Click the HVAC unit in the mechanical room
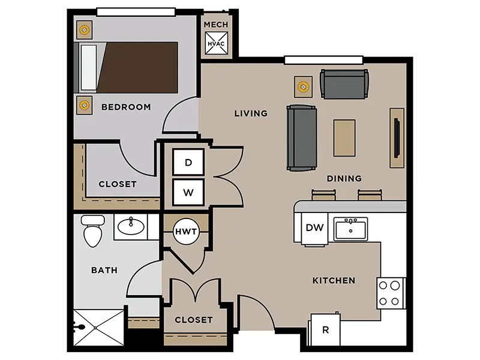216,43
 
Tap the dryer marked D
188,162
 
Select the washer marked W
188,192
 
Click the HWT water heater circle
186,232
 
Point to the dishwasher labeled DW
314,228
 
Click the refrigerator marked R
325,329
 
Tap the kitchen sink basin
350,229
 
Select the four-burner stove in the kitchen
391,293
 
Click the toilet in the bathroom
93,230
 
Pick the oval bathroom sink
131,226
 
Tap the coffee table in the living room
344,138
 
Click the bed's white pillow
89,68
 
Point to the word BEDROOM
126,107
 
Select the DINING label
344,178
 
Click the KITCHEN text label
334,280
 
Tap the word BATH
104,270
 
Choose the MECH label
216,25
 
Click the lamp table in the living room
304,87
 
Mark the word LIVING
251,113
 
